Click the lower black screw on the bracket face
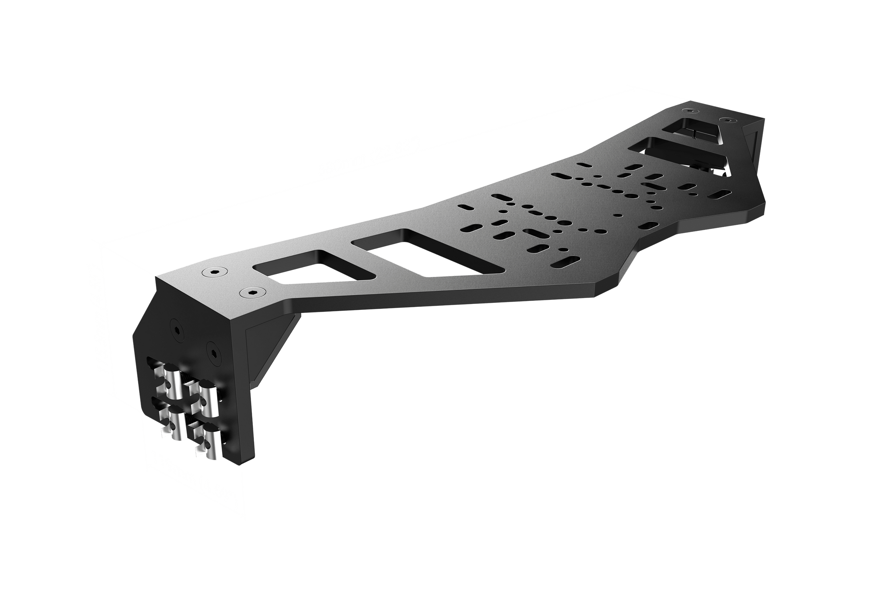[214, 354]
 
